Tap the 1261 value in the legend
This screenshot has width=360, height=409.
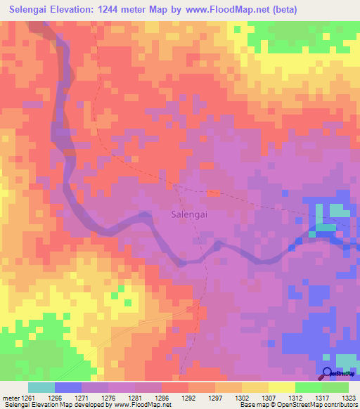(x=28, y=398)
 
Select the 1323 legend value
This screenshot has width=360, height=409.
(x=347, y=398)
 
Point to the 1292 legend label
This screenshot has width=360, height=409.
(x=188, y=398)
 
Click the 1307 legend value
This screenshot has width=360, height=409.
(x=268, y=398)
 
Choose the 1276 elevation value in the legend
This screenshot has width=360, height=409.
(x=108, y=398)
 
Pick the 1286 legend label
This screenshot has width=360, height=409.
(x=161, y=398)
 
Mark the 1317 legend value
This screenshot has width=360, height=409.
(x=321, y=398)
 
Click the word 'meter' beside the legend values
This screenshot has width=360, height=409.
(x=11, y=398)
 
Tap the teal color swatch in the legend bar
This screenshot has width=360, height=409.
(x=41, y=387)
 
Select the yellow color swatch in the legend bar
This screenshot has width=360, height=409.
(x=281, y=387)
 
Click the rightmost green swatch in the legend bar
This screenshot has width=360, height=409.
(x=335, y=387)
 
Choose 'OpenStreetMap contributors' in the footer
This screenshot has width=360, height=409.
(x=323, y=405)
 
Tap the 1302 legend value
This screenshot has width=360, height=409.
(x=241, y=398)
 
